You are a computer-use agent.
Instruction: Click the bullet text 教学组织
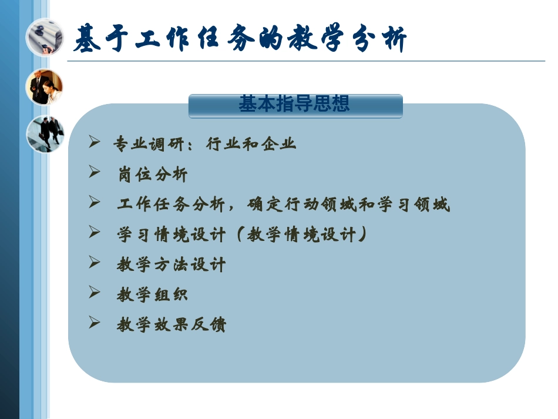tap(153, 294)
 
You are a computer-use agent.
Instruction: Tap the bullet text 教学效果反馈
tap(171, 324)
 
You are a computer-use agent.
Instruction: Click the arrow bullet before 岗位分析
tap(94, 172)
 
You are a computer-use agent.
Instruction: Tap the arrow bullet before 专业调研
tap(94, 142)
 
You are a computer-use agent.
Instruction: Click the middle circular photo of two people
tap(45, 86)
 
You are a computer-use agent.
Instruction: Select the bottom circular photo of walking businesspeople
tap(45, 133)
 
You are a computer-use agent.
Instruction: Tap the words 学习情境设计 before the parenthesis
tap(171, 234)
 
